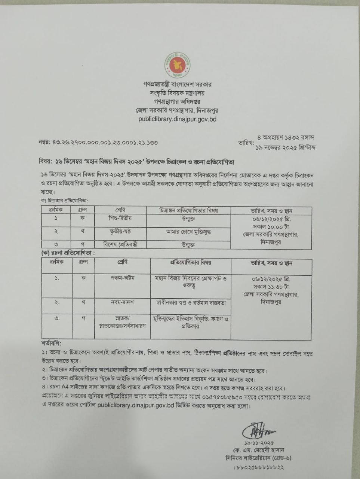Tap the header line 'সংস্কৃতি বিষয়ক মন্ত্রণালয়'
pyautogui.click(x=177, y=93)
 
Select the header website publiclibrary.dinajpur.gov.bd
pyautogui.click(x=177, y=119)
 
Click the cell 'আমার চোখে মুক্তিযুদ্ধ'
pyautogui.click(x=188, y=232)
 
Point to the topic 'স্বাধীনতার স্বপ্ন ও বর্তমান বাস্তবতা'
pyautogui.click(x=191, y=302)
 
